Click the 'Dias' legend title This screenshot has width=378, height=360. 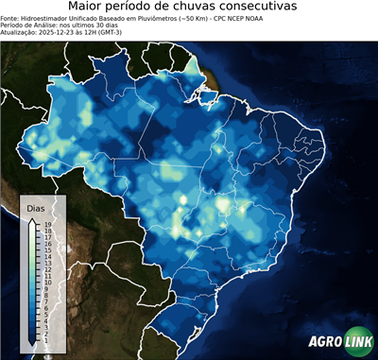point(35,207)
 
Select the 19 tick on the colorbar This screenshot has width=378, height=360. point(46,224)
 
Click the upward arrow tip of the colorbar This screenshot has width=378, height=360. point(33,218)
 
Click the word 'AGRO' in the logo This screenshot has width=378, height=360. point(323,343)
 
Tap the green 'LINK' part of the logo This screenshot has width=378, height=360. point(356,343)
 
